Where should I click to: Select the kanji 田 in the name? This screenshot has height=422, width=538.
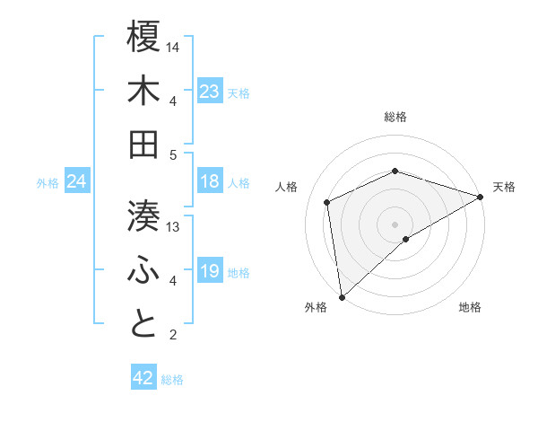[143, 145]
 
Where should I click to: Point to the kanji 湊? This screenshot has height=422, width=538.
[143, 215]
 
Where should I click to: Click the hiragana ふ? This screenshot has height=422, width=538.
[143, 269]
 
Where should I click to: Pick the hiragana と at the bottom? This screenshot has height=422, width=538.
[143, 323]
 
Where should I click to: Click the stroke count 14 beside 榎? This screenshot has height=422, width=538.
[174, 46]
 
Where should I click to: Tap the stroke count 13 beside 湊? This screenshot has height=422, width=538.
[174, 226]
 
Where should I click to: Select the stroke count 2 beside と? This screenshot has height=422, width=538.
[172, 335]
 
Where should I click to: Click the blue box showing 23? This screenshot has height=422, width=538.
[210, 92]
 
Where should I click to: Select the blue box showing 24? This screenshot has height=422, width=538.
[76, 182]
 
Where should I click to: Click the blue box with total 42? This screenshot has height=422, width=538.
[143, 378]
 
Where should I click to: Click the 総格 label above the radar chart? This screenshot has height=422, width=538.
[395, 117]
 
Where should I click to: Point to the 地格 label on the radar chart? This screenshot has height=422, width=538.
[470, 307]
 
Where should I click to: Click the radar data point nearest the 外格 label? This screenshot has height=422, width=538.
[342, 296]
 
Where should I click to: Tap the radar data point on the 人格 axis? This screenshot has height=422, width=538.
[327, 202]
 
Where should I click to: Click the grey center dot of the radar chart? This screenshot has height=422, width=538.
[395, 224]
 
